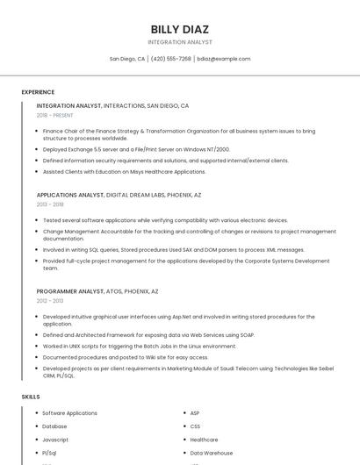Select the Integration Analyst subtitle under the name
pos(180,41)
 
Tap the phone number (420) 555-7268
pos(170,59)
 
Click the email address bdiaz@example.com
pos(224,59)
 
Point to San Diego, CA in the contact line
pos(127,59)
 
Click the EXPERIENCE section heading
pos(38,92)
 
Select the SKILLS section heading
pos(31,397)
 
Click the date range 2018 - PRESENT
pos(55,115)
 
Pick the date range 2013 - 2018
pos(50,204)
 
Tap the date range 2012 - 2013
pos(50,301)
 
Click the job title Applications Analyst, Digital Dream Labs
pos(119,195)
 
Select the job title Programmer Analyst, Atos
pos(97,291)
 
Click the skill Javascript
pos(55,440)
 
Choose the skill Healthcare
pos(204,440)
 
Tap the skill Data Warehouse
pos(212,453)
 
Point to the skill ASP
pos(195,413)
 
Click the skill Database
pos(54,426)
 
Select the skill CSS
pos(195,426)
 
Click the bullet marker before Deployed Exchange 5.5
pos(37,150)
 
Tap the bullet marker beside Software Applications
pos(37,413)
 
